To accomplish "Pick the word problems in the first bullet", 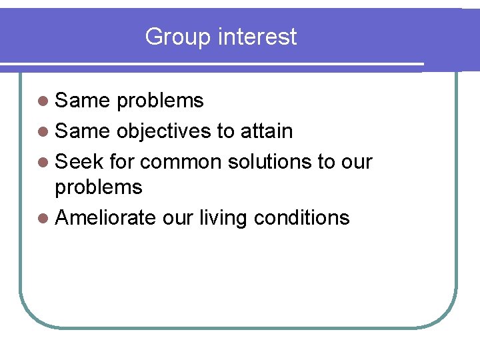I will (159, 101).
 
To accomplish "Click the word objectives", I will (163, 131).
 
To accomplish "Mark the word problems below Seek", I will (99, 188).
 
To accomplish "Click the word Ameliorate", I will (105, 218).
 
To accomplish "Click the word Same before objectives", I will (83, 131).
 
